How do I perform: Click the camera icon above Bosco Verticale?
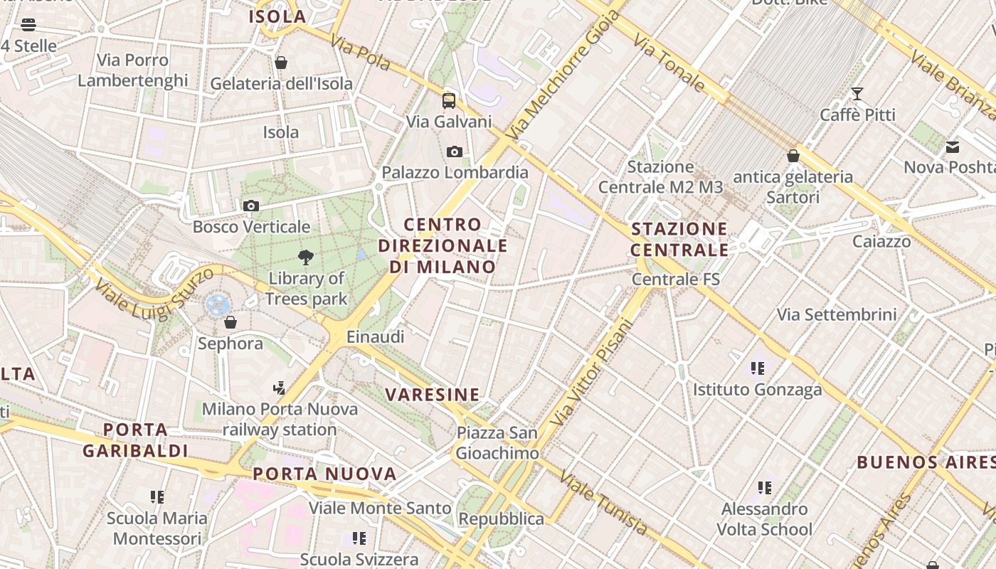250,206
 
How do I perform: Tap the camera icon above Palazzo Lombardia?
455,151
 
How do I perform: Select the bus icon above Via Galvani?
448,100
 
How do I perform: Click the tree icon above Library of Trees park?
306,257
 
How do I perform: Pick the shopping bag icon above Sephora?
230,323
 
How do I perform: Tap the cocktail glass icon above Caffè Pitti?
857,94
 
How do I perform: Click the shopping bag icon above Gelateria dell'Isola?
281,63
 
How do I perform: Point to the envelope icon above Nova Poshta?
953,147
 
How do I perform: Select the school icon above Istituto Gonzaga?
757,368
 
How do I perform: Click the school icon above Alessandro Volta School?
764,488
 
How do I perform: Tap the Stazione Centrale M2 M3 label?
660,177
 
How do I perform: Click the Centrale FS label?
676,280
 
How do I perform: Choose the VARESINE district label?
432,395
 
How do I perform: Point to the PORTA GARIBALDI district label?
135,440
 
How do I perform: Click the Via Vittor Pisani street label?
592,373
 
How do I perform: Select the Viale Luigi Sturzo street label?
154,292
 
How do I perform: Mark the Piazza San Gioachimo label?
497,443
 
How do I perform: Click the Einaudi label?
375,336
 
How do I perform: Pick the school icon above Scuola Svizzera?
359,538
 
